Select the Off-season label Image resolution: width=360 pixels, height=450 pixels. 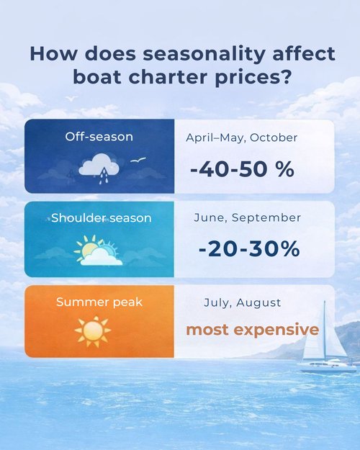[99, 137]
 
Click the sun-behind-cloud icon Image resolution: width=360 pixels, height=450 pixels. [97, 251]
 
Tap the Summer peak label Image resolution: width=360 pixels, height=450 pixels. [99, 302]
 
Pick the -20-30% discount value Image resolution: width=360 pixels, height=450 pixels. [248, 248]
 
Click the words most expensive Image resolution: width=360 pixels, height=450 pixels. [252, 330]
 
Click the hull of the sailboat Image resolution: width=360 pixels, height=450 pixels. [326, 366]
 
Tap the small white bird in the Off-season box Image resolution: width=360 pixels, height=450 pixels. [140, 160]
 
